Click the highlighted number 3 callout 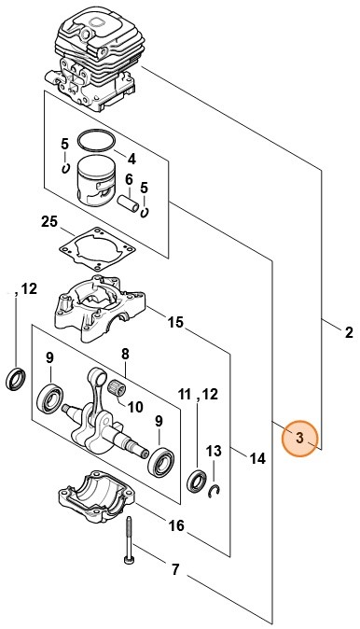click(x=300, y=438)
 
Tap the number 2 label click(x=349, y=332)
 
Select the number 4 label click(x=132, y=160)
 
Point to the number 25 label click(x=49, y=222)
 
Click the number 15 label click(x=175, y=322)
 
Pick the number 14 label click(x=257, y=458)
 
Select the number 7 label click(x=174, y=569)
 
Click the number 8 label click(x=125, y=355)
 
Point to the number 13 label click(x=213, y=451)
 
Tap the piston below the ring click(x=95, y=181)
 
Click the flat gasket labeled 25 click(x=94, y=249)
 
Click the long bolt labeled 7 click(x=129, y=541)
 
